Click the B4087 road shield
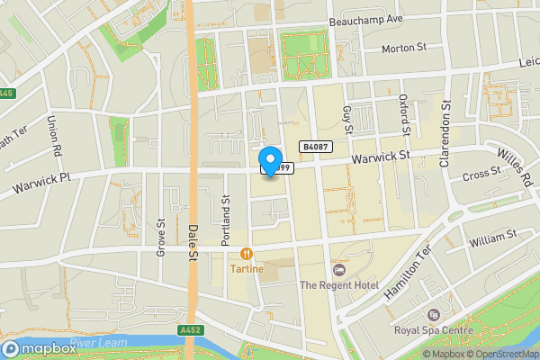[314, 147]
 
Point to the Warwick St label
[381, 157]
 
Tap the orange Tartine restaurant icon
[246, 255]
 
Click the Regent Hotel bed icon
[339, 270]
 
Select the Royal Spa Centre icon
[433, 315]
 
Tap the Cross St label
[481, 174]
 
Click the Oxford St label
[404, 116]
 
